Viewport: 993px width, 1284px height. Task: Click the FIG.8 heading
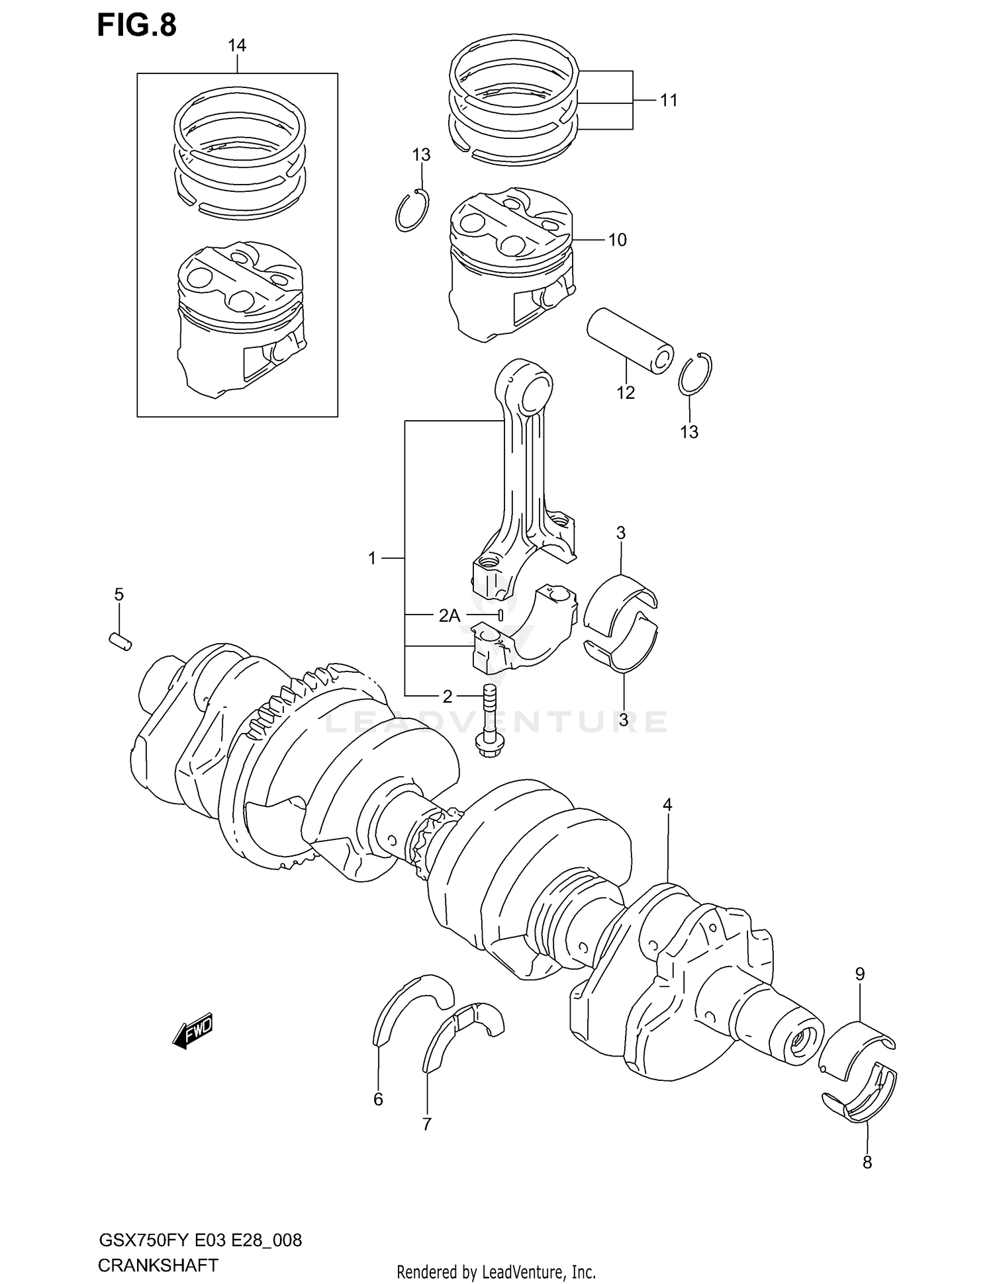[x=137, y=25]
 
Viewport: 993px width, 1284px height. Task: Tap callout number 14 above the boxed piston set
[x=236, y=46]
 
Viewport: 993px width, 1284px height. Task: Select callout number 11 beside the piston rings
[x=669, y=101]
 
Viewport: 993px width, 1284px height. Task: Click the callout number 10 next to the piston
[x=617, y=240]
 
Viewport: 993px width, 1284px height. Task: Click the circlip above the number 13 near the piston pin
[x=695, y=376]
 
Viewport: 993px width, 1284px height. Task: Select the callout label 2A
[x=449, y=616]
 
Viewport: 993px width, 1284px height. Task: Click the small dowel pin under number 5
[x=120, y=641]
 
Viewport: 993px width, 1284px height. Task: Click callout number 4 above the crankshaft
[x=667, y=805]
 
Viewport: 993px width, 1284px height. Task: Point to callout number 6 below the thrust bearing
[x=378, y=1099]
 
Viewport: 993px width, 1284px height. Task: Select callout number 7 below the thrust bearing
[x=427, y=1124]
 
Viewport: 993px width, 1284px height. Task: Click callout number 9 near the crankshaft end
[x=859, y=974]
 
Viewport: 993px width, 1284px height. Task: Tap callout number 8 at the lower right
[x=867, y=1162]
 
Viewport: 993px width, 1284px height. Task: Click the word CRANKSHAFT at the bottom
[x=158, y=1266]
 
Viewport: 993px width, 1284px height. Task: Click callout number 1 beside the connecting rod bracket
[x=372, y=559]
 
